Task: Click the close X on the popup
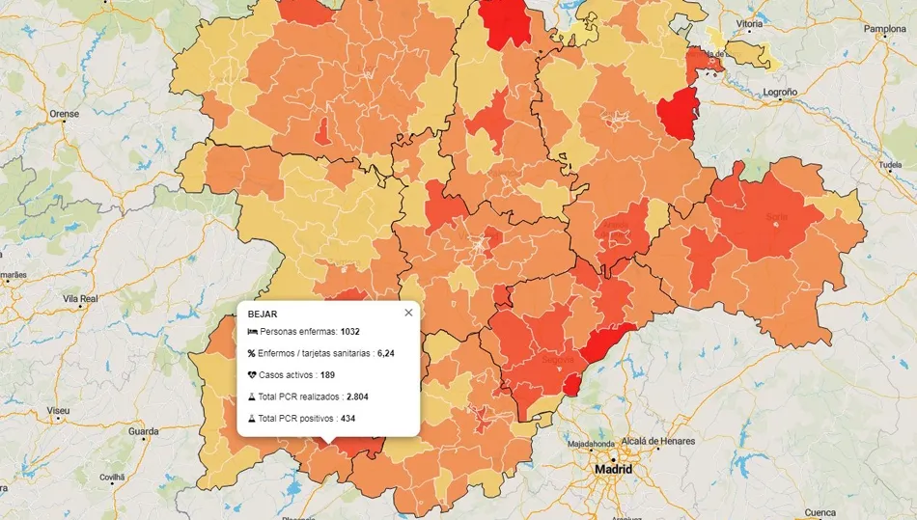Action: (x=408, y=313)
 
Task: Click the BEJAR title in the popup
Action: (x=263, y=314)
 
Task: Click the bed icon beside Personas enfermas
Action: (x=252, y=332)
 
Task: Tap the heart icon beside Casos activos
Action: (x=252, y=374)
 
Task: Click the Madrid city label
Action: (x=613, y=470)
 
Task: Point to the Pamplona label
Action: (x=884, y=29)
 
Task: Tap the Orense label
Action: (x=64, y=114)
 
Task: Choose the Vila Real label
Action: (x=80, y=299)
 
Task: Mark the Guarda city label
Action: (x=143, y=430)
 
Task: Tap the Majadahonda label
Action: (x=591, y=445)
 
